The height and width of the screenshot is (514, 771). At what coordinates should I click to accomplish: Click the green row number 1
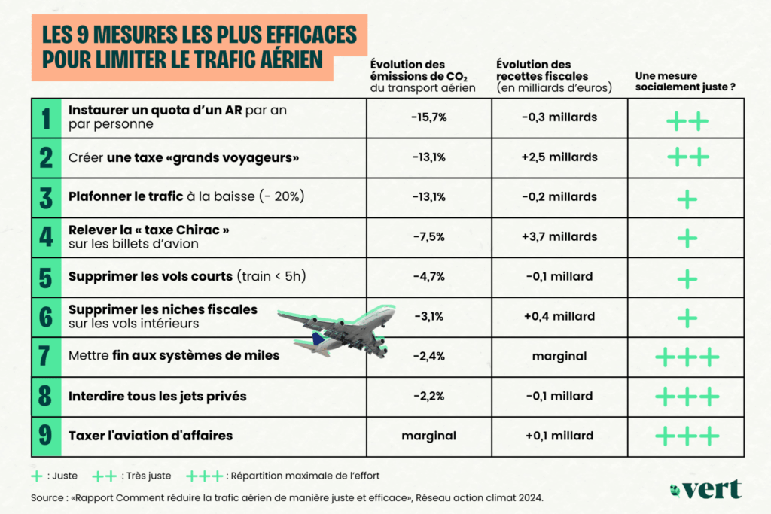[46, 118]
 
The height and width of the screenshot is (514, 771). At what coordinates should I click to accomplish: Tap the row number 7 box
[46, 356]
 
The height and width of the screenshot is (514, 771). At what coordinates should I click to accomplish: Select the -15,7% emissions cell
[429, 118]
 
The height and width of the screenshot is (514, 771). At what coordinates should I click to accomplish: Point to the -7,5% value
[429, 236]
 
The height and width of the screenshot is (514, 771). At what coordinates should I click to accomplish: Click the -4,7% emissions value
[429, 276]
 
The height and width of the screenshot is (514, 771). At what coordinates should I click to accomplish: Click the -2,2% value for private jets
[429, 396]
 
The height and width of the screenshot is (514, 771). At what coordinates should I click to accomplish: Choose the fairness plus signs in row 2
[687, 157]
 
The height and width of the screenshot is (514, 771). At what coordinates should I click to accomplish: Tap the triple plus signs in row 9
[687, 436]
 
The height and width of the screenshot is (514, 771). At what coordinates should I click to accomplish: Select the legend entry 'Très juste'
[132, 476]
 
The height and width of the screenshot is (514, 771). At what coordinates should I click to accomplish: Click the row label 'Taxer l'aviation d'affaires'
[151, 436]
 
